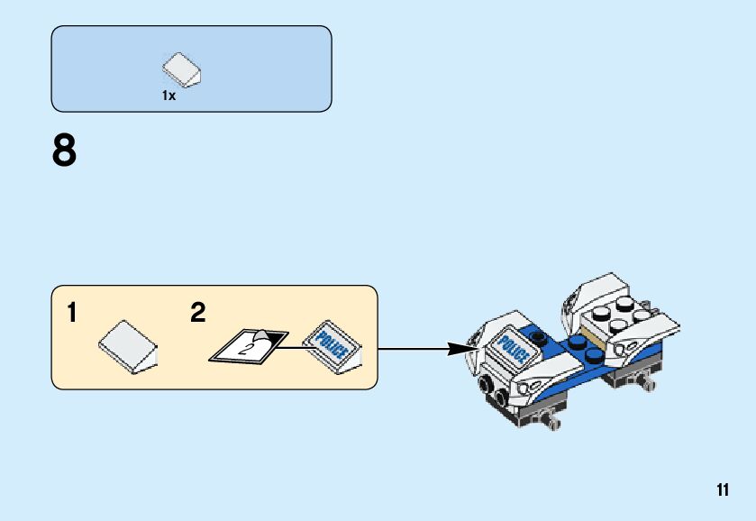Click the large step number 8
click(x=65, y=151)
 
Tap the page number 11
click(x=723, y=490)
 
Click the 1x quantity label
click(x=169, y=96)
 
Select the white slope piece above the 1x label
click(x=183, y=69)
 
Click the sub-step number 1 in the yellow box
click(x=71, y=314)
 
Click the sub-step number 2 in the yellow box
click(x=198, y=314)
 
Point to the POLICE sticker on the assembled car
click(x=514, y=347)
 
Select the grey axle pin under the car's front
click(x=551, y=420)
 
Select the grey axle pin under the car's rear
click(x=645, y=384)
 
